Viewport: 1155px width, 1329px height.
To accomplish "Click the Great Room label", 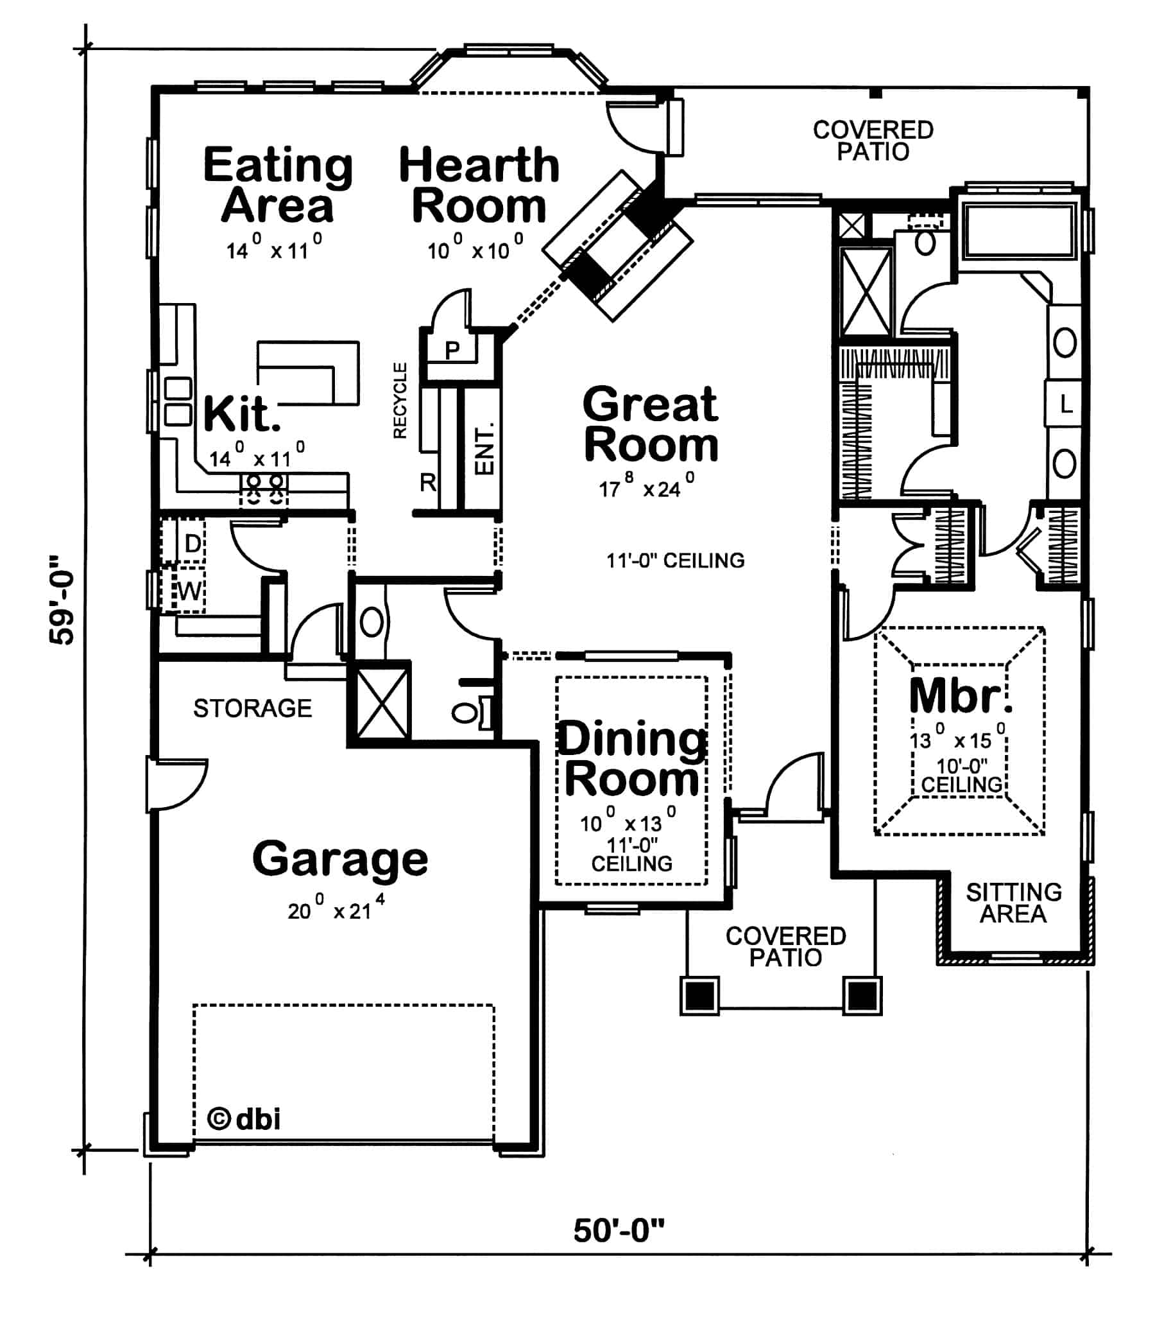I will [x=651, y=424].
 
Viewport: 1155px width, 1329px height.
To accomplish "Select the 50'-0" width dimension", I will [x=618, y=1230].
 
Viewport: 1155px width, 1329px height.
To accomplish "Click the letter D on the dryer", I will [x=193, y=543].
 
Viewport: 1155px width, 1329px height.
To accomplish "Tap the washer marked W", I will [x=189, y=591].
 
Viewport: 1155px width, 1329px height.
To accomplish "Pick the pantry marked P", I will [x=452, y=350].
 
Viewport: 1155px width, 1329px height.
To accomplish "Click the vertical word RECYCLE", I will [x=400, y=400].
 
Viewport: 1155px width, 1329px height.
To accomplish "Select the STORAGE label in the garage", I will [x=252, y=708].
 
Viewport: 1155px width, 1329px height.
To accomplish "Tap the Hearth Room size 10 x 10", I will [x=475, y=248].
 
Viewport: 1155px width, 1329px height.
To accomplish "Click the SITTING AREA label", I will [x=1013, y=903].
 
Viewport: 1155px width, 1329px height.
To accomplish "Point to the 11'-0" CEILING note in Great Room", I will [x=675, y=560].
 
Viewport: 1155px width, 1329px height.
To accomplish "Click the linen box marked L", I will [x=1066, y=404].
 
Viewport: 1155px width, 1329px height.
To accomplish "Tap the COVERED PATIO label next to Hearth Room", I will [x=873, y=140].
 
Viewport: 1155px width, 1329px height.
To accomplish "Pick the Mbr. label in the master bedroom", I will [x=960, y=697].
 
